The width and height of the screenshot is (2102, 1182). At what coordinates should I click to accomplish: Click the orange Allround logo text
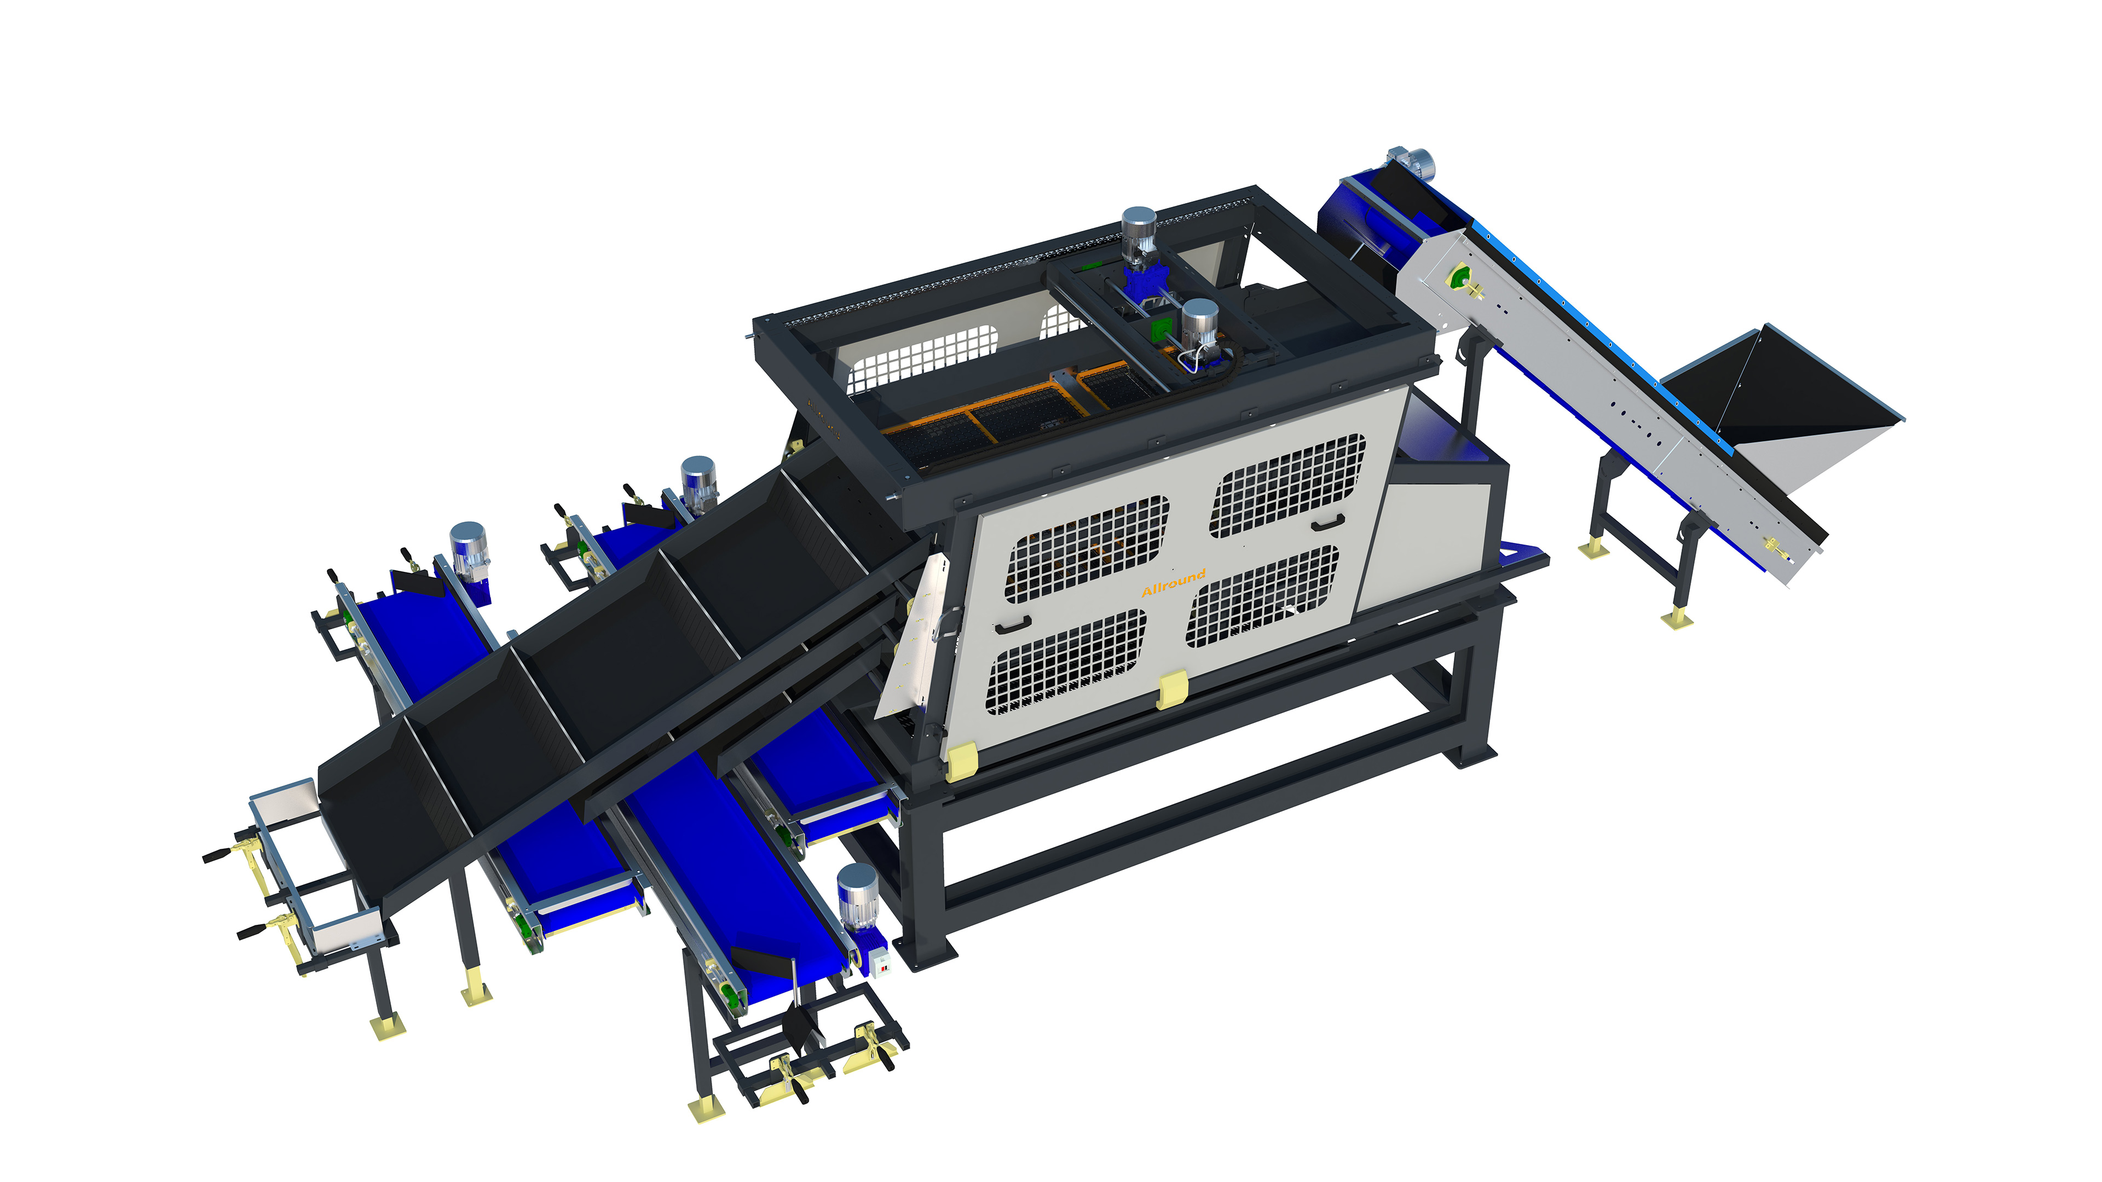(1174, 582)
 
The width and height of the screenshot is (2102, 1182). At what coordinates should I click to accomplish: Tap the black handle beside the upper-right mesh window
(1329, 522)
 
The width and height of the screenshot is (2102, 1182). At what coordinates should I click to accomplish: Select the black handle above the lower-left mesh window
(1013, 624)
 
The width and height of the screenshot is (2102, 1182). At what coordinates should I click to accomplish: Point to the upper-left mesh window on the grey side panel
(1088, 549)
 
